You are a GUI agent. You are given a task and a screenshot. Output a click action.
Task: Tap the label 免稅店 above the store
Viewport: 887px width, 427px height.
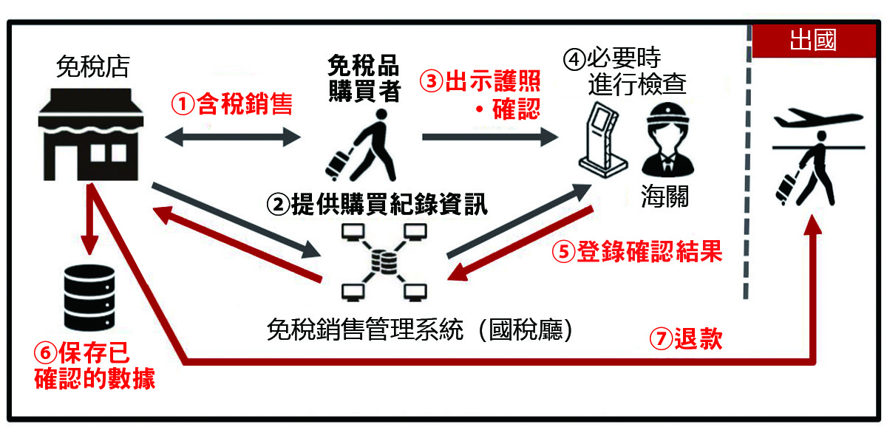coord(92,67)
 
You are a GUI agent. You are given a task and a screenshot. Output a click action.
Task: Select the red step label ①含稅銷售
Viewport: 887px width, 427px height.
coord(232,105)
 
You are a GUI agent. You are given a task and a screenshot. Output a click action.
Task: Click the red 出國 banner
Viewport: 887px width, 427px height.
coord(812,41)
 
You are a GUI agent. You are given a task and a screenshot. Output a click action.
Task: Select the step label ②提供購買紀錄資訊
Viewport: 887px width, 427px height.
coord(379,204)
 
